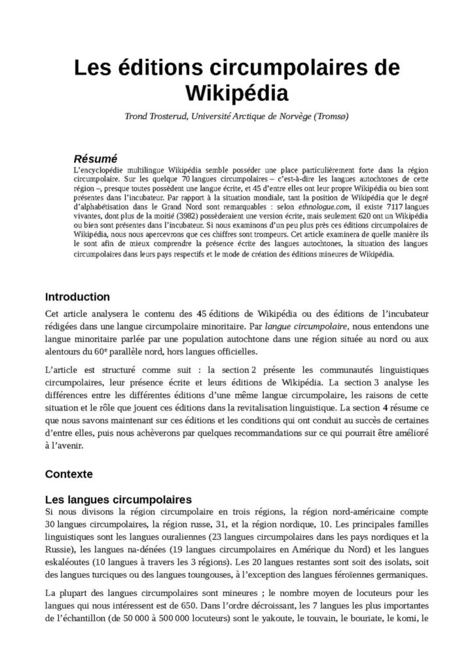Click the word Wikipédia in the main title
tap(237, 92)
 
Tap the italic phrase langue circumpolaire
tap(307, 324)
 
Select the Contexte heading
tap(69, 472)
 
